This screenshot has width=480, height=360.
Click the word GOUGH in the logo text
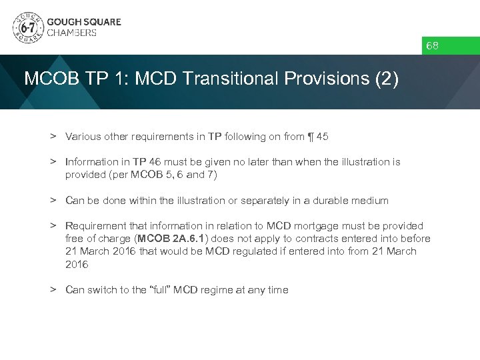pos(63,21)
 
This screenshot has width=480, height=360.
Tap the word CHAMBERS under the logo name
pos(71,33)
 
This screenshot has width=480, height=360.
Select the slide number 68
pos(433,46)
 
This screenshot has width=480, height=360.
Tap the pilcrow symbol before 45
pos(311,136)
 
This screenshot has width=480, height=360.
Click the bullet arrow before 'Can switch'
pos(51,290)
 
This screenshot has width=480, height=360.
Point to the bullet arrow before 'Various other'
pos(51,136)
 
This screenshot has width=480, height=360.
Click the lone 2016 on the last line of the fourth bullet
pos(76,264)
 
